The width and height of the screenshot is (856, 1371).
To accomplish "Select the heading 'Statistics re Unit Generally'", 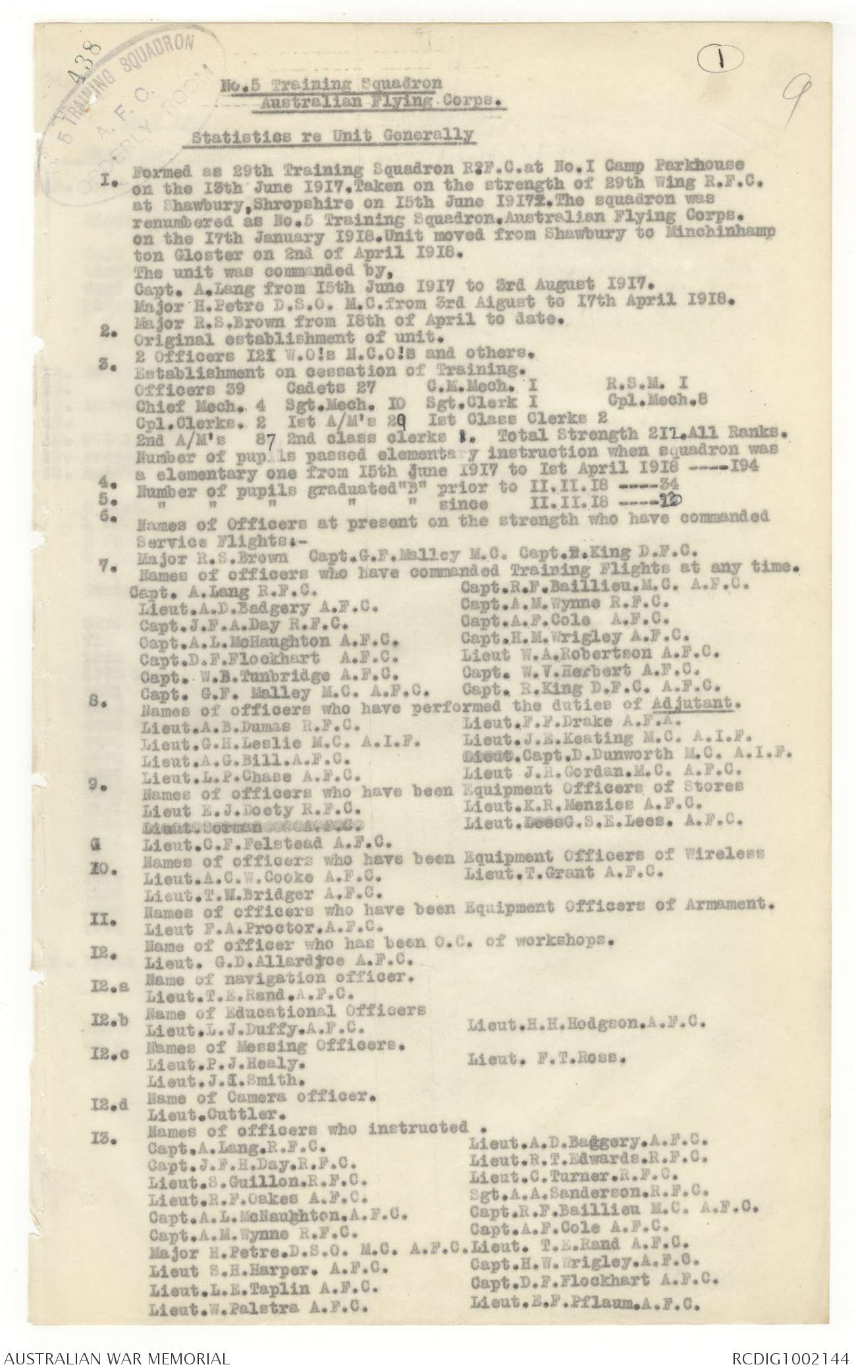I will tap(332, 137).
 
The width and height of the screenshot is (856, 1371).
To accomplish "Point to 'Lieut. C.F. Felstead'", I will tap(262, 841).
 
